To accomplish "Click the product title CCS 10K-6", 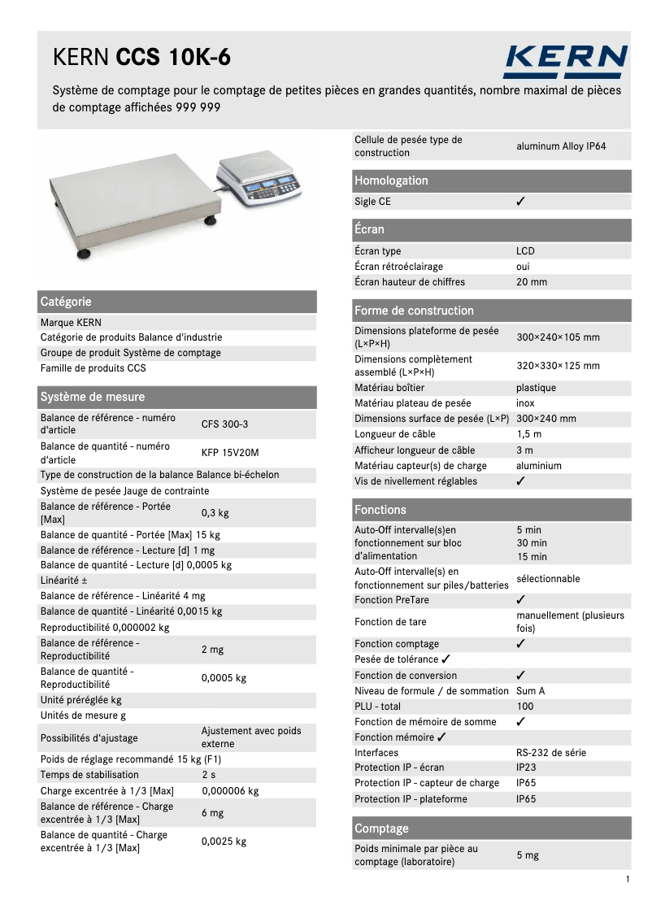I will coord(172,58).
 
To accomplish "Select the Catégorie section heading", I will coord(66,302).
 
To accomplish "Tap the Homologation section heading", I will coord(391,180).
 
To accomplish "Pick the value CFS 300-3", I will coord(225,424).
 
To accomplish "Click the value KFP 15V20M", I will coord(230,453).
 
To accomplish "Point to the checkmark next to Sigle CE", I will coord(521,202).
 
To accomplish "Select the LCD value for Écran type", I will coord(525,251).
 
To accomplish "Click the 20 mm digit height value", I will coord(532,282).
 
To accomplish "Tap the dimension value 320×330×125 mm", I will coord(558,366).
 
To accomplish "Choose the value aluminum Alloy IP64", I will coord(561,146).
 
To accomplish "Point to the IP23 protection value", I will coord(526,768).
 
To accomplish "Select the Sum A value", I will coord(531,691).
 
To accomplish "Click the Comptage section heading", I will coord(381,828).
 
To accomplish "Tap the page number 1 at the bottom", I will coord(628,880).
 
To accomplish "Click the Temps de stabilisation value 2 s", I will coord(209,776).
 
